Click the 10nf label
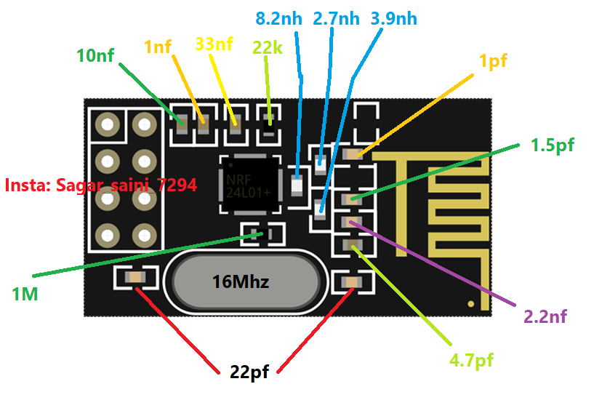96,55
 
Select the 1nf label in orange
158,47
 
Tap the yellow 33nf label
214,44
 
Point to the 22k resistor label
268,47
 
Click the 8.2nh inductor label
279,18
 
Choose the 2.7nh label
336,18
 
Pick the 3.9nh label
394,18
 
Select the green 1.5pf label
552,145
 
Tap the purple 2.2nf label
545,316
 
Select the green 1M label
25,295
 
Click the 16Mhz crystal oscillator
241,281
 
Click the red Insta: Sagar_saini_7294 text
100,185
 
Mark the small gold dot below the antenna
472,303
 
